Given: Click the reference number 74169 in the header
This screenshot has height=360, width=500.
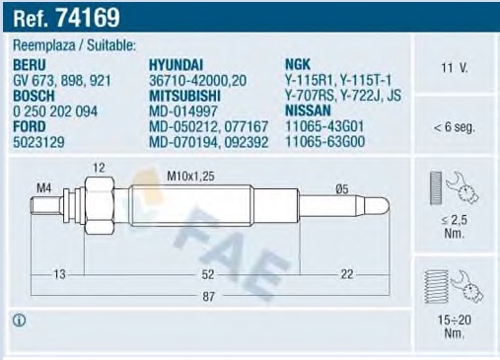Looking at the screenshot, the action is (88, 17).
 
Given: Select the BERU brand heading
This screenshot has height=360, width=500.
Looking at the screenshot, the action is (30, 65).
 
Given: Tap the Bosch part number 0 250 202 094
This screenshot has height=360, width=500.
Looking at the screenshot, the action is (55, 111).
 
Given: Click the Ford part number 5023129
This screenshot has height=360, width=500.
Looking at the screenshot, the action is (38, 142).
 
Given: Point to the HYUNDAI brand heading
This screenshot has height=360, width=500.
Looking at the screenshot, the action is (176, 65).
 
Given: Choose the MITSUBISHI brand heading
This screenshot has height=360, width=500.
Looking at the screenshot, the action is (184, 96).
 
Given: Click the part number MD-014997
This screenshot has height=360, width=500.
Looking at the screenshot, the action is (183, 111).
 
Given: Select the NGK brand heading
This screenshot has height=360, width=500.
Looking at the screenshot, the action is (298, 64).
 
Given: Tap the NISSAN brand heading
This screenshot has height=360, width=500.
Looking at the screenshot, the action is (308, 110).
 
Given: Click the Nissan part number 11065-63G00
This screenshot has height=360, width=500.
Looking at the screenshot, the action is (325, 142).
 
